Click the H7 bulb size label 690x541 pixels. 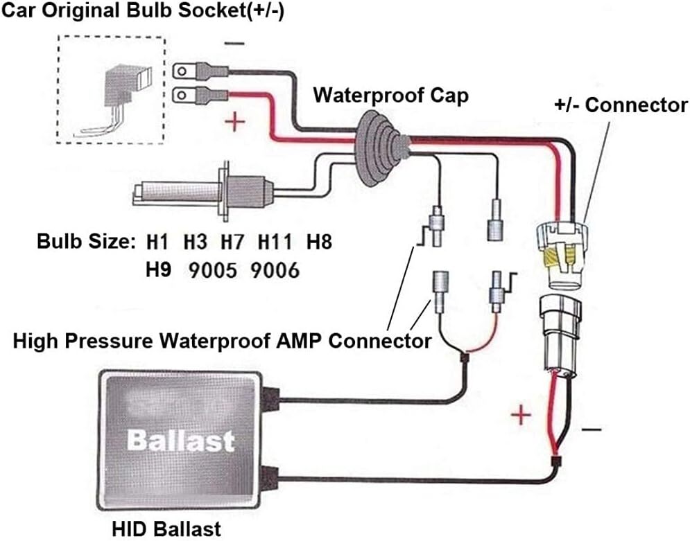click(x=233, y=243)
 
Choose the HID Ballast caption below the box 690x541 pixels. click(x=166, y=529)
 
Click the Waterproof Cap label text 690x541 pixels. click(x=390, y=95)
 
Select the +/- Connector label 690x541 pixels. click(x=621, y=105)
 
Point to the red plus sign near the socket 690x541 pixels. click(x=236, y=123)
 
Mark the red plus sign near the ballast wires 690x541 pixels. click(x=521, y=416)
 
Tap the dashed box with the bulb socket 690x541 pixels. click(x=112, y=90)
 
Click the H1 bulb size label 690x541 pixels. click(x=158, y=243)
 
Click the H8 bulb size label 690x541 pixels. click(x=319, y=243)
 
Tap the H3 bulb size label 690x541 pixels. click(x=196, y=243)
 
